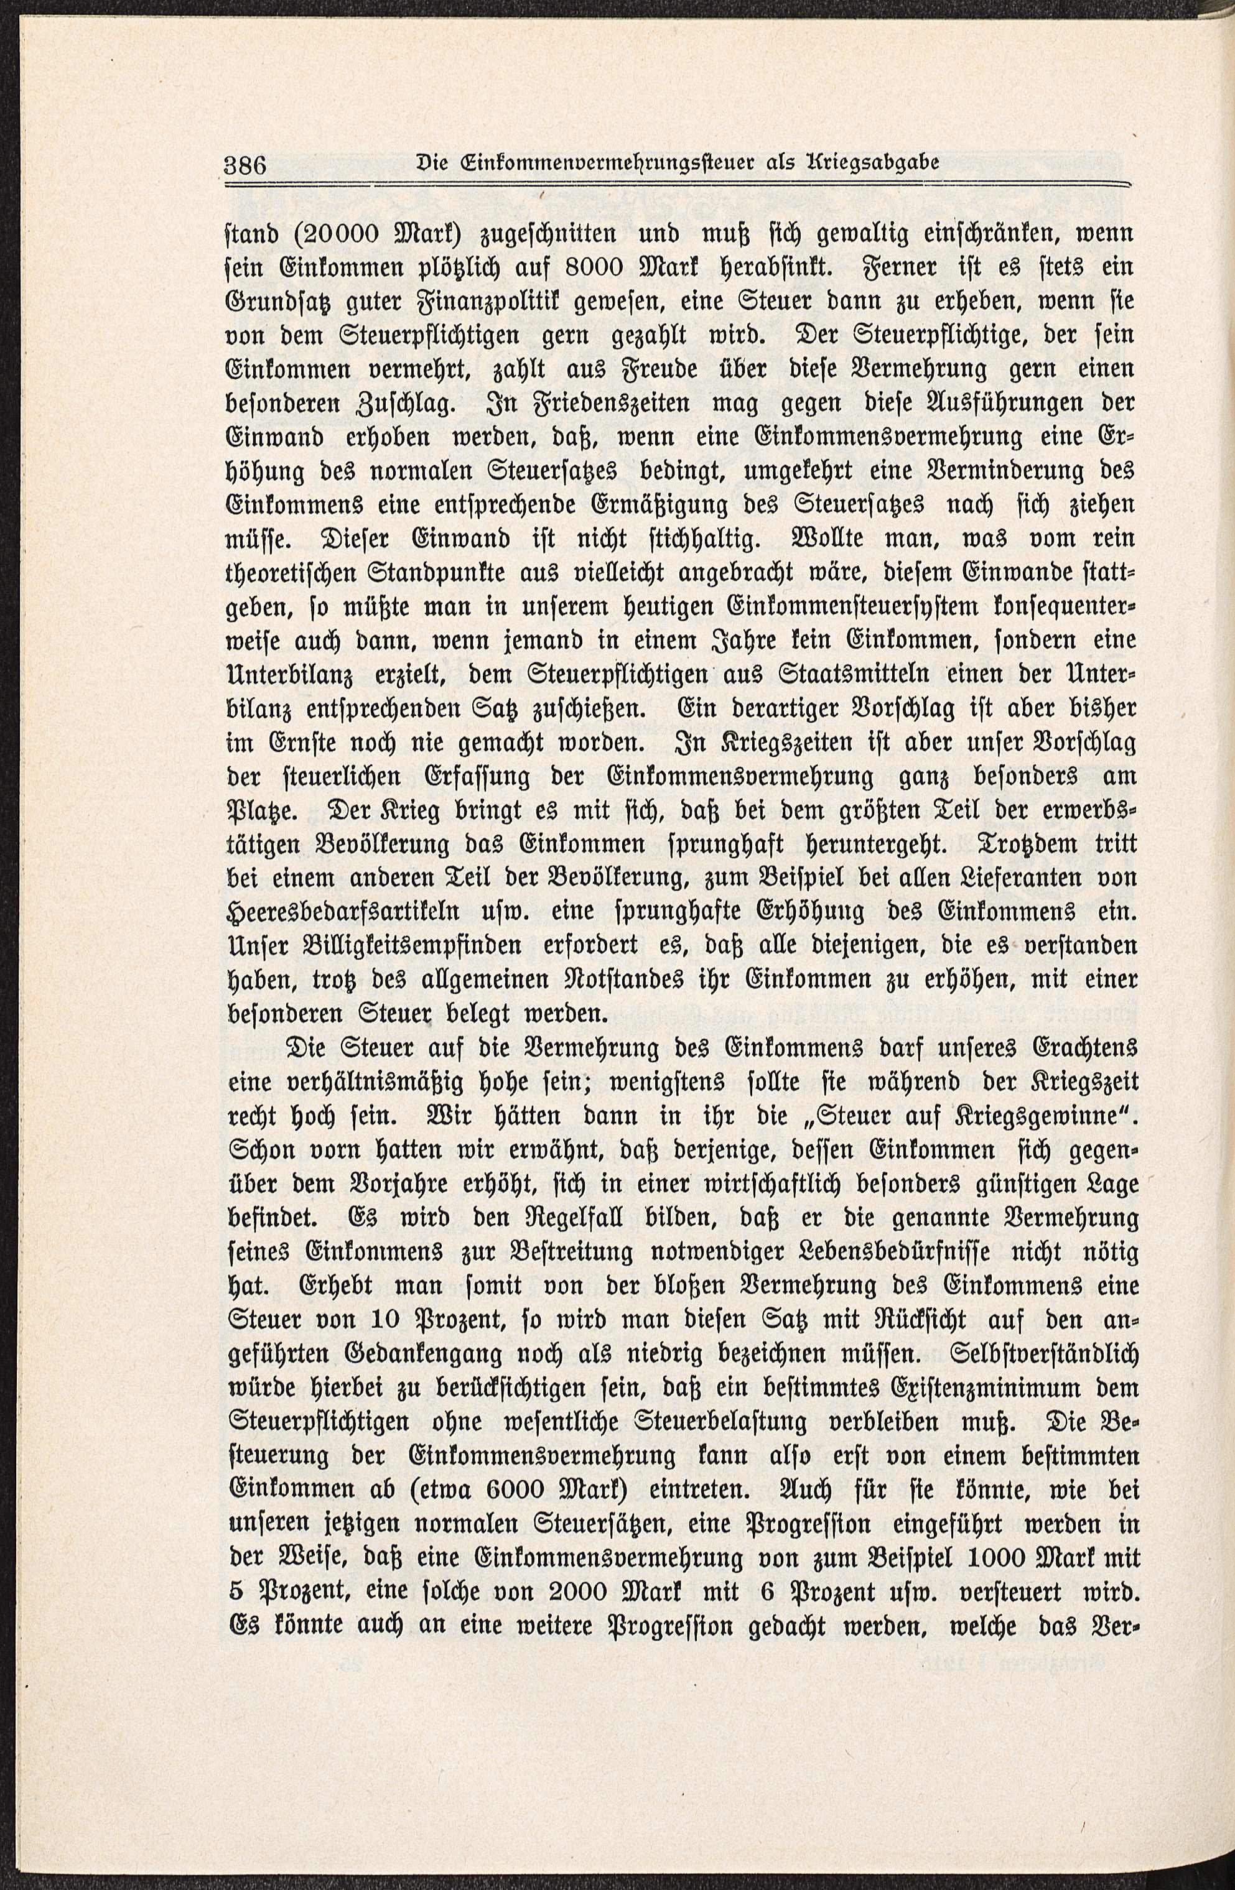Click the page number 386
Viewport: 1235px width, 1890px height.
pos(247,167)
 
